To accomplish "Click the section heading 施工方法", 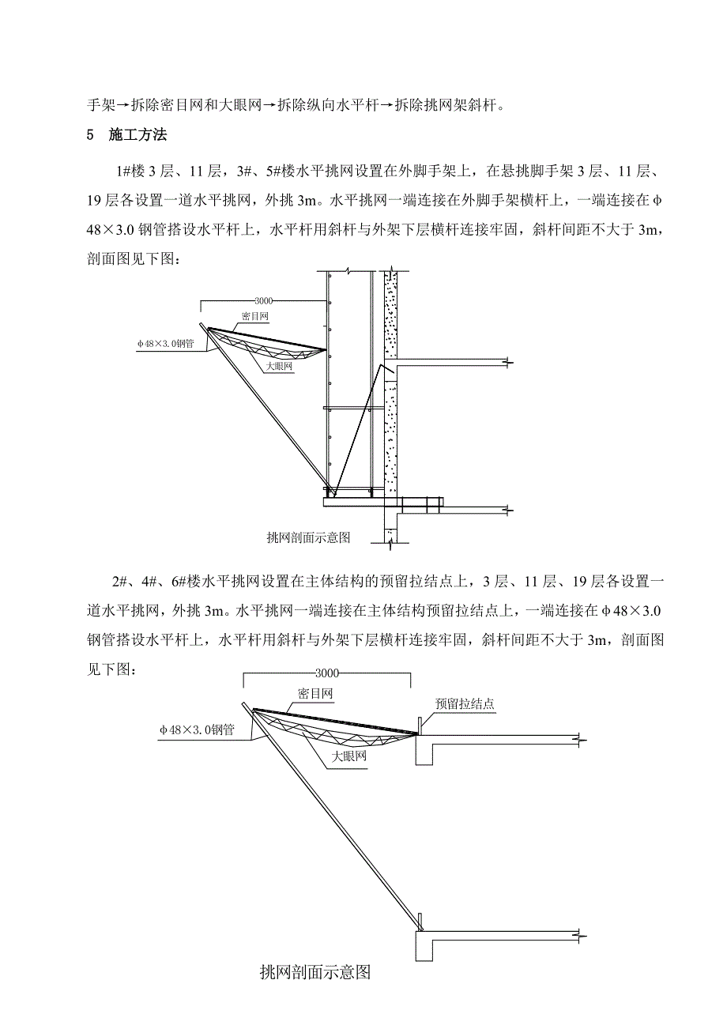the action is click(x=138, y=135).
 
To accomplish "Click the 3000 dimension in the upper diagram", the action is click(x=265, y=301).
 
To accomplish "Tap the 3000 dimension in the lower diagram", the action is click(x=326, y=673).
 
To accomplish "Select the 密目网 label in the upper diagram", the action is click(x=254, y=315).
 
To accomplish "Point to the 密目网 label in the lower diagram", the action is click(x=315, y=694).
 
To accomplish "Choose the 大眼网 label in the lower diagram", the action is click(x=349, y=756).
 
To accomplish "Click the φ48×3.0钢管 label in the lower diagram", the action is click(x=197, y=730).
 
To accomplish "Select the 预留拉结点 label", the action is click(x=465, y=704).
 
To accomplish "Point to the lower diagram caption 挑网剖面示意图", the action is click(x=315, y=972).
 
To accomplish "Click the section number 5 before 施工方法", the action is click(x=89, y=135).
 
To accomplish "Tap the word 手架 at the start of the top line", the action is click(x=96, y=104).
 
